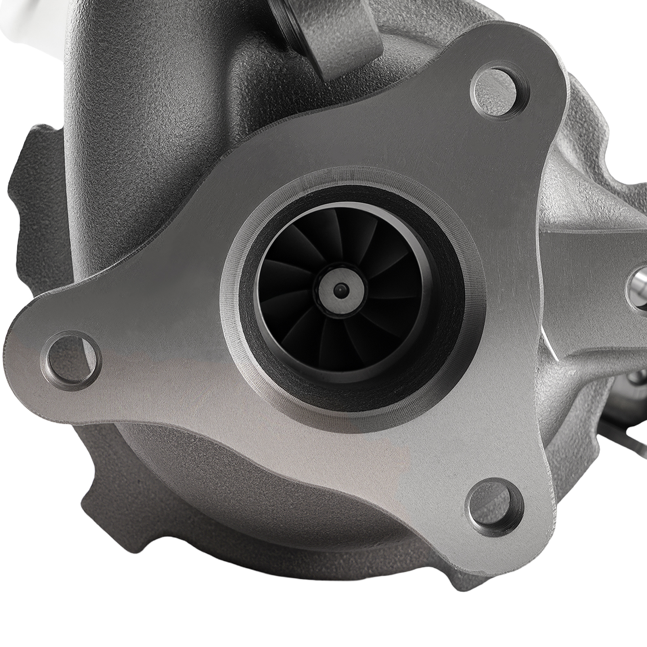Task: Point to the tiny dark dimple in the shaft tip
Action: (x=339, y=289)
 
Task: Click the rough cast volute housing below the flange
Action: (x=243, y=526)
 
